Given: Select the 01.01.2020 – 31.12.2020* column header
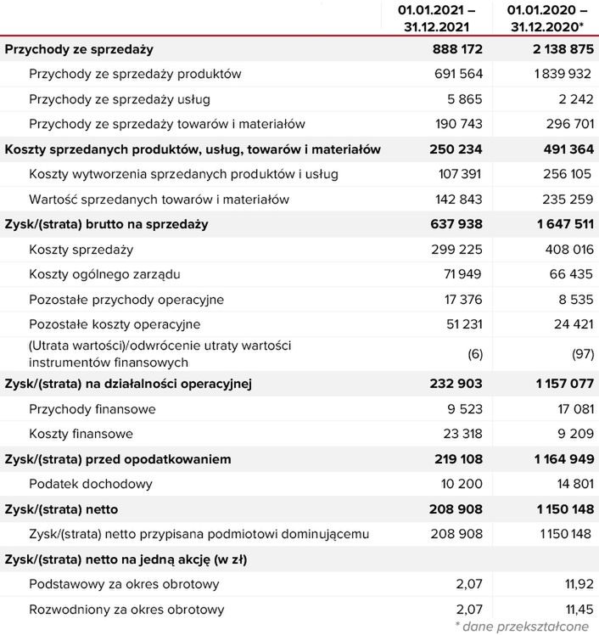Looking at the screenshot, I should pos(547,18).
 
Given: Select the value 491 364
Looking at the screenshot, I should pos(557,149).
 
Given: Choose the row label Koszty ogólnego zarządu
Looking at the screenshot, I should pos(104,274).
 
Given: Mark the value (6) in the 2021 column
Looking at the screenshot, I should pos(475,352).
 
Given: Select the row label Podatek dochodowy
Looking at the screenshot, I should pos(90,484).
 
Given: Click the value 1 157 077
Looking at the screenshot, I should pos(552,385).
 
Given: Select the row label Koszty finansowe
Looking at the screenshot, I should pos(81,434).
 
